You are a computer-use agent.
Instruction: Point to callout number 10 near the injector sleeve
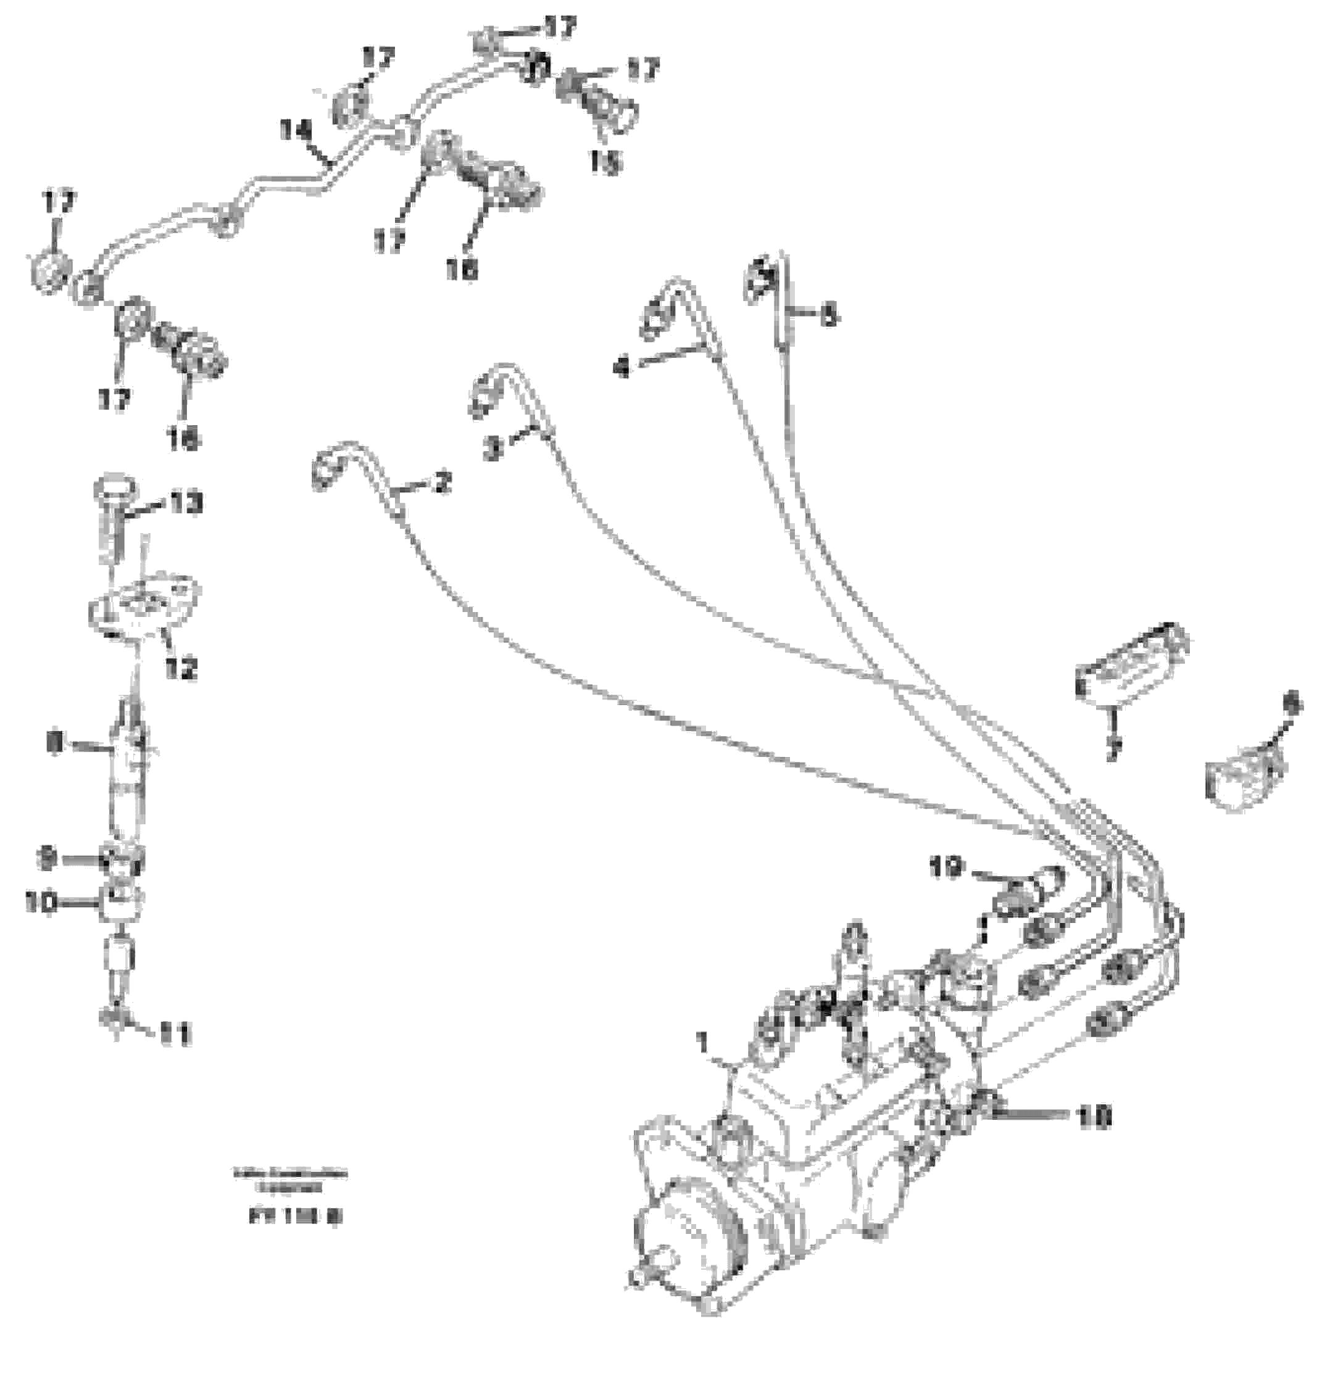(x=40, y=903)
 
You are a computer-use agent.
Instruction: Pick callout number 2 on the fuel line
(x=443, y=482)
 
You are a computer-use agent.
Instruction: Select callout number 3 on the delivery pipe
(x=494, y=449)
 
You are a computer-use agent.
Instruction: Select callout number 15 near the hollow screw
(x=604, y=163)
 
